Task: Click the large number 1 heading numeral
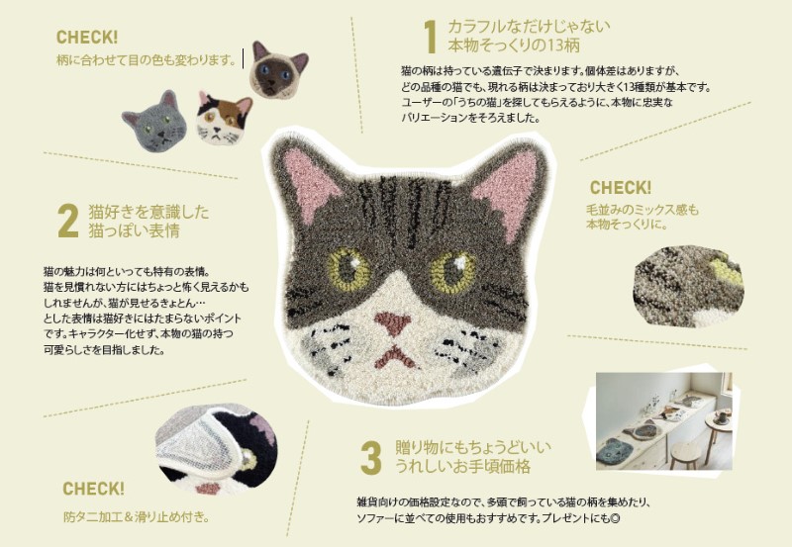click(431, 37)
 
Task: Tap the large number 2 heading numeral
click(68, 221)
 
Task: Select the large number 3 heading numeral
click(370, 458)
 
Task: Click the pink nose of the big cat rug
click(392, 323)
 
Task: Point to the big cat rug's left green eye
click(349, 269)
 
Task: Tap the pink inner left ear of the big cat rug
click(310, 181)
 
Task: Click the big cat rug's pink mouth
click(394, 357)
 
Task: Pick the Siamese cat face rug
click(278, 69)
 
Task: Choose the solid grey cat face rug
click(154, 122)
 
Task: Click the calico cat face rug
click(224, 119)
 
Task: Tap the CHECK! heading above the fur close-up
click(621, 188)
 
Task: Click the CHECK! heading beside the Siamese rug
click(87, 37)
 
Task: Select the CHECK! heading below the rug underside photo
click(93, 489)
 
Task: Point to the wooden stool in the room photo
click(685, 454)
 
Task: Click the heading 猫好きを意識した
click(148, 212)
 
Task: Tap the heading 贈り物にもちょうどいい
click(473, 447)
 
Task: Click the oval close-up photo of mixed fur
click(687, 286)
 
